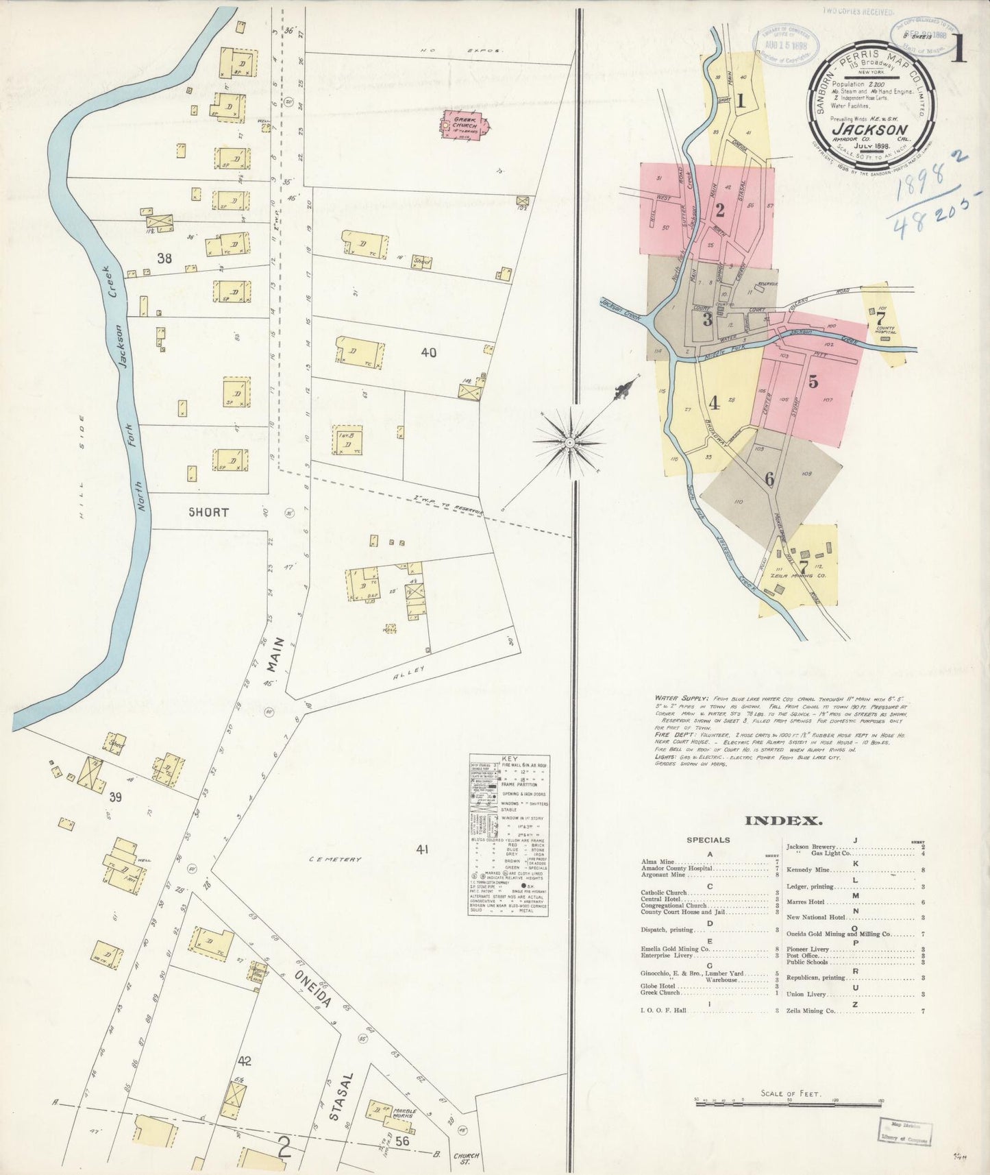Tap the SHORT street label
tap(208, 512)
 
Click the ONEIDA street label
tap(313, 988)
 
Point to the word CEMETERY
tap(334, 859)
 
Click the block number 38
tap(164, 258)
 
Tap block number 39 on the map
tap(115, 797)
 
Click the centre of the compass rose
tap(569, 444)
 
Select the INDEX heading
tap(783, 821)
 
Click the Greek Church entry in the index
tap(660, 993)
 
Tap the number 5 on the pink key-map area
tap(813, 383)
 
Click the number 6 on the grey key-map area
tap(769, 479)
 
